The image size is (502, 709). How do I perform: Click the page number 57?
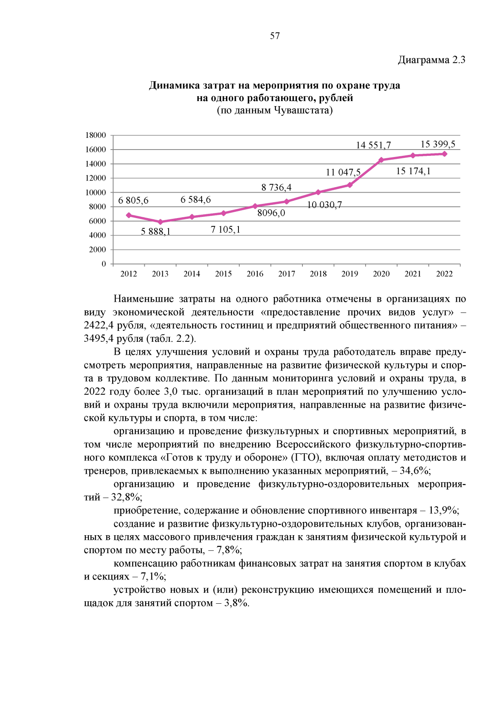[x=275, y=36]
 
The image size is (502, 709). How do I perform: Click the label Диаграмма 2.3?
[x=431, y=60]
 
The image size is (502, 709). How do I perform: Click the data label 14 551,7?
[x=373, y=145]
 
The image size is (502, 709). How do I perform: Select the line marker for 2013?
[x=160, y=222]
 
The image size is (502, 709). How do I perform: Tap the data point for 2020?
[x=381, y=160]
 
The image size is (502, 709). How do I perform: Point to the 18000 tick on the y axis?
[x=96, y=135]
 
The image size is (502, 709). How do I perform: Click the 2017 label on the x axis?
[x=287, y=274]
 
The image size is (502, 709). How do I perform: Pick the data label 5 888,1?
[x=156, y=231]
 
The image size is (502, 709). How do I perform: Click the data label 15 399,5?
[x=438, y=144]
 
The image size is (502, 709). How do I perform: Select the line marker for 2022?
[x=444, y=154]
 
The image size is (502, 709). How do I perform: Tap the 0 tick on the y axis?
[x=104, y=264]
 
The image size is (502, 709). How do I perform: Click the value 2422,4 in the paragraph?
[x=98, y=325]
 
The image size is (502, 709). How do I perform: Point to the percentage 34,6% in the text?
[x=414, y=471]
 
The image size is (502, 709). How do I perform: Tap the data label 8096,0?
[x=271, y=213]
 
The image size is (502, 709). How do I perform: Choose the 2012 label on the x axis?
[x=128, y=274]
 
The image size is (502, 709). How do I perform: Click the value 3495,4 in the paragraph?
[x=98, y=338]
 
